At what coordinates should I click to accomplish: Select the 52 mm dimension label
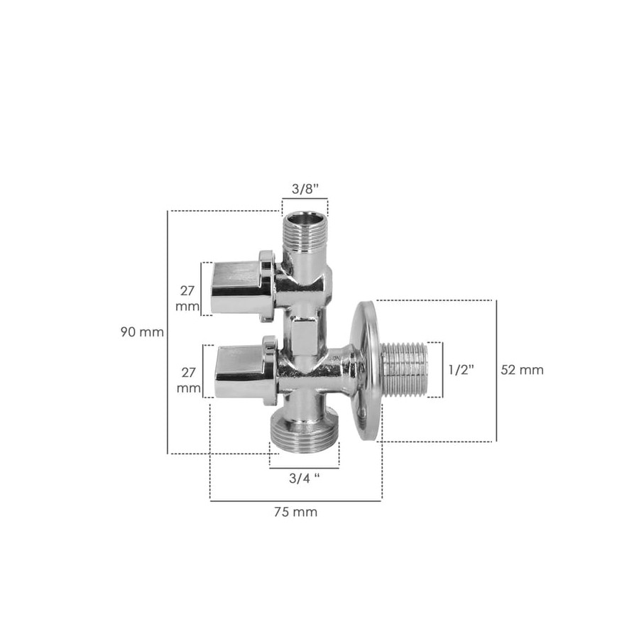(522, 370)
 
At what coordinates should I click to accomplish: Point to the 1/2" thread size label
(461, 370)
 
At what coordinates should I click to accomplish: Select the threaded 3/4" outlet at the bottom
(304, 432)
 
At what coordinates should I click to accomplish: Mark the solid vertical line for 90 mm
(168, 332)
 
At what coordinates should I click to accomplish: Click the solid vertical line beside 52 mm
(496, 370)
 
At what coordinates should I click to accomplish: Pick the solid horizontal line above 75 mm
(295, 501)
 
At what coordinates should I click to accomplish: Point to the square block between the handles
(304, 334)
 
